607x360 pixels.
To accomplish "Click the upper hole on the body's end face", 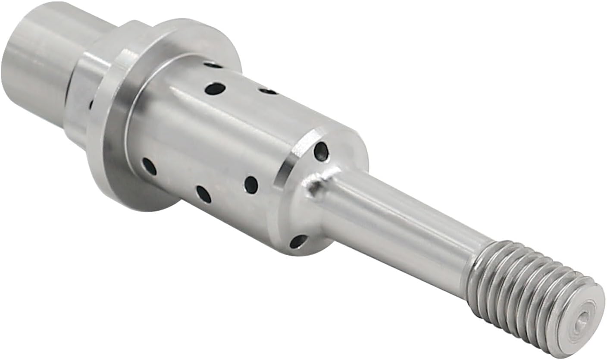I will (x=321, y=151).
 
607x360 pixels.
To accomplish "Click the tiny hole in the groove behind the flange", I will (x=91, y=105).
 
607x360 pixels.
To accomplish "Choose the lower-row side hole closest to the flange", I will (x=149, y=166).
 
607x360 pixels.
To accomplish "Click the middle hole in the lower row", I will (x=203, y=194).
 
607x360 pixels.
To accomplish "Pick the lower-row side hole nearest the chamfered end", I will (x=251, y=185).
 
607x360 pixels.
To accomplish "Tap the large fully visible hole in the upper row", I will (x=215, y=89).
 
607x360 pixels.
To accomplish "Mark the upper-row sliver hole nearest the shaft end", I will (x=268, y=91).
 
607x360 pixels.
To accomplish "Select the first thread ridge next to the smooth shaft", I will (x=476, y=269).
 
